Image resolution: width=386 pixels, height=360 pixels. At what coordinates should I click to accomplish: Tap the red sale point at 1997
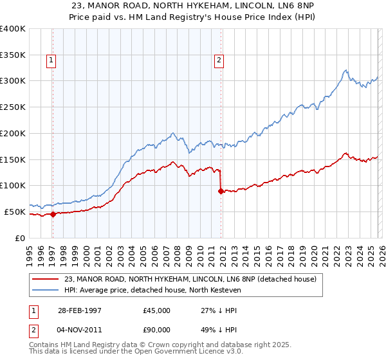coord(53,215)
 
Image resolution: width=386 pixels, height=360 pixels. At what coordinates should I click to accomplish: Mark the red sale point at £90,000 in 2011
coord(221,191)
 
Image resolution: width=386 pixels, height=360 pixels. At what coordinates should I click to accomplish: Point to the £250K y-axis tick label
coord(13,107)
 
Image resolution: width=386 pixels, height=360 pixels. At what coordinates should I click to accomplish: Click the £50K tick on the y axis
coord(15,212)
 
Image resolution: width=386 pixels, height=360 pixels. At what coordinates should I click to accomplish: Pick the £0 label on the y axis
coord(21,238)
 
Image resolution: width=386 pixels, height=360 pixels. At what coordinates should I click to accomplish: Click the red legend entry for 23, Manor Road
coord(190,280)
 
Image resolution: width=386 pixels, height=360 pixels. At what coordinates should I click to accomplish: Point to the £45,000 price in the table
coord(157,310)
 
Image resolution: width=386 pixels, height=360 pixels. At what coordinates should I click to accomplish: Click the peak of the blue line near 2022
coord(345,70)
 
